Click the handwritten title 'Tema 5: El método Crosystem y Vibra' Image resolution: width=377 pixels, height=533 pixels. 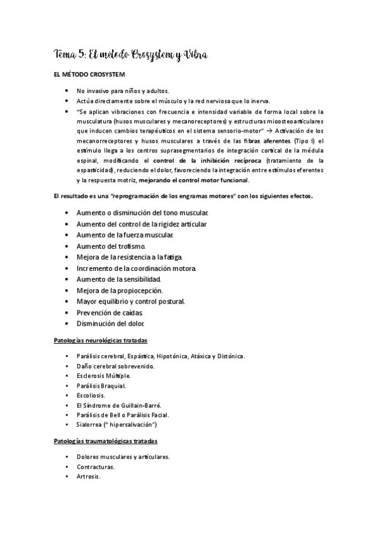click(x=130, y=56)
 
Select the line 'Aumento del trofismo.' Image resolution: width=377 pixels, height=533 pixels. click(x=111, y=246)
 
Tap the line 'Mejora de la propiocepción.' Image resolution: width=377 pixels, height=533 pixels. click(x=120, y=290)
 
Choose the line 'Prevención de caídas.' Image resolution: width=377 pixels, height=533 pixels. click(x=110, y=312)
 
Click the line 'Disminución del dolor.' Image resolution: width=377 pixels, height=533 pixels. click(x=111, y=324)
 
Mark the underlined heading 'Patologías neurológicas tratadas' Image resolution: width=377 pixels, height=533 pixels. click(x=101, y=340)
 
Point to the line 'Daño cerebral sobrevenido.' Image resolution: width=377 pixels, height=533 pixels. click(x=115, y=366)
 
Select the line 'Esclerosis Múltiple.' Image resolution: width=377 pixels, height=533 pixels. click(x=103, y=376)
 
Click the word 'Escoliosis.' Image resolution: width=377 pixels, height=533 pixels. click(x=93, y=395)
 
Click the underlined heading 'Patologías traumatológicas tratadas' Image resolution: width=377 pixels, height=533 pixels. click(x=105, y=441)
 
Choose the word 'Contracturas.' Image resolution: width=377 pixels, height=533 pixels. click(x=96, y=466)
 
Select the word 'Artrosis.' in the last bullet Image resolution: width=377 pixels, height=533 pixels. click(x=89, y=476)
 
